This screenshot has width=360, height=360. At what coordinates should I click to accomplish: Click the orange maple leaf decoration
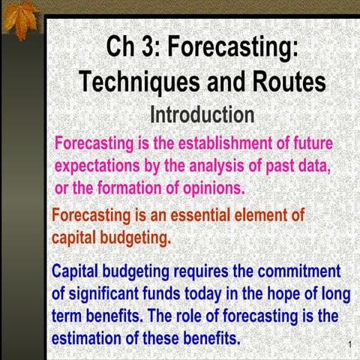tap(21, 20)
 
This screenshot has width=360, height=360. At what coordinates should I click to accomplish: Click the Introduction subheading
tap(202, 115)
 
